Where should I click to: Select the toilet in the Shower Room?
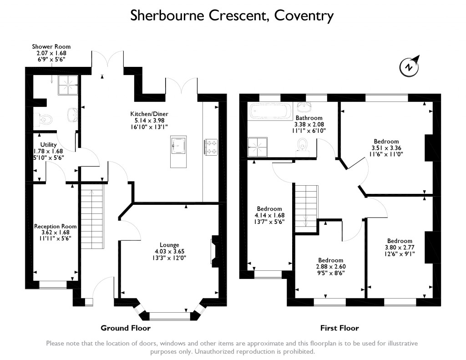pyautogui.click(x=46, y=119)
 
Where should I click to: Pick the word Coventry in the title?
pyautogui.click(x=304, y=16)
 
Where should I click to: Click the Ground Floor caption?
pyautogui.click(x=125, y=328)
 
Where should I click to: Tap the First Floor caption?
pyautogui.click(x=339, y=328)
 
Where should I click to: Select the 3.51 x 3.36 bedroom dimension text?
pyautogui.click(x=386, y=147)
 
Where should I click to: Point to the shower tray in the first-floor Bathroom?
pyautogui.click(x=258, y=147)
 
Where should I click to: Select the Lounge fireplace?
pyautogui.click(x=214, y=251)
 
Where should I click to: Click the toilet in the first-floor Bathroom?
pyautogui.click(x=302, y=146)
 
